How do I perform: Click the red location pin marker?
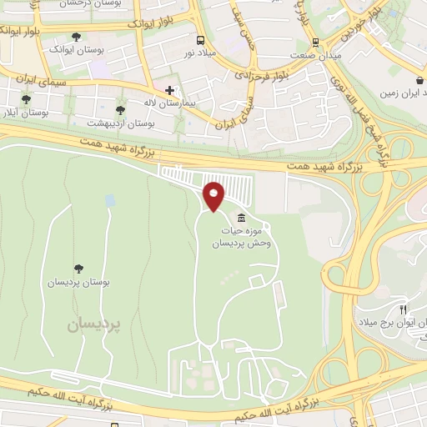[214, 195]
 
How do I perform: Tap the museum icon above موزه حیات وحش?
[241, 219]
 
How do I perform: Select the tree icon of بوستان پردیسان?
[78, 269]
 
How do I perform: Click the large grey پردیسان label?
[94, 326]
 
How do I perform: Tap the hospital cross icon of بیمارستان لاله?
[169, 90]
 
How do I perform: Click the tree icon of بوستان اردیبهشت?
[120, 110]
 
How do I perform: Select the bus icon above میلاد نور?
[199, 40]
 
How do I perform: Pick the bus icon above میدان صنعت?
[314, 43]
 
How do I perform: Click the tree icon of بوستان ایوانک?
[77, 37]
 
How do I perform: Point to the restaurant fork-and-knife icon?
[403, 308]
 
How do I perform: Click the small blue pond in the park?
[110, 201]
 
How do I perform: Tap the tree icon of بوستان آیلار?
[26, 99]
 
